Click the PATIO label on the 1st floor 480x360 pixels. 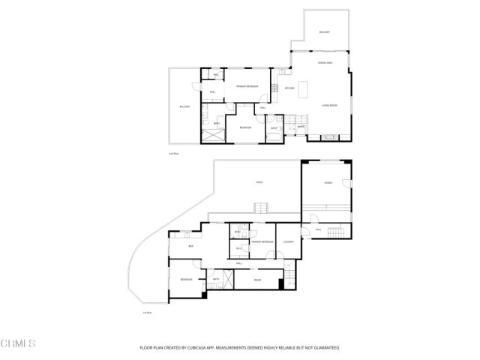(x=259, y=182)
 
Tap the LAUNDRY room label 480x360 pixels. (x=288, y=241)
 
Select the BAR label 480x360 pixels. (x=190, y=246)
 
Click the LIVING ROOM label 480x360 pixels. (x=329, y=106)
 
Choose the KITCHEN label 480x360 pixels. (x=289, y=88)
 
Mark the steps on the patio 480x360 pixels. (x=260, y=208)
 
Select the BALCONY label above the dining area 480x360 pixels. (x=324, y=32)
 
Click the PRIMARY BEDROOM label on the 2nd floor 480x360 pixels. (x=247, y=87)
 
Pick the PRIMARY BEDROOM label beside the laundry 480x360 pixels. (x=261, y=241)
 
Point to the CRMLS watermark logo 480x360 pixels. (x=18, y=344)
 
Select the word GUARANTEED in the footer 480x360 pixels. (x=325, y=348)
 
